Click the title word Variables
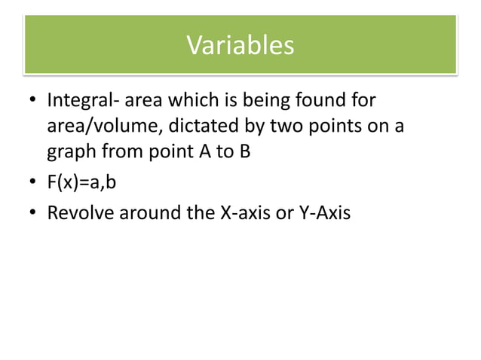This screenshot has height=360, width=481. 240,46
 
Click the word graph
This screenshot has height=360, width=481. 70,153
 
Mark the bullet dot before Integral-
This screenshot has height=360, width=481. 32,101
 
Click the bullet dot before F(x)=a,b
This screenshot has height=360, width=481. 32,183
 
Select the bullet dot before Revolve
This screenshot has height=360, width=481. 32,213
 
